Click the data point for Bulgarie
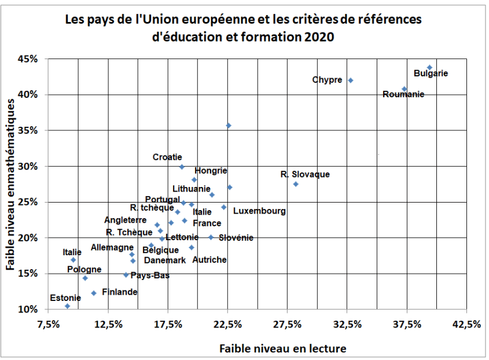(x=429, y=68)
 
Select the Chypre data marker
(x=351, y=80)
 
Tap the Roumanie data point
(x=405, y=89)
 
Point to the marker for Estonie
(x=68, y=306)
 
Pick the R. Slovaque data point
(x=296, y=184)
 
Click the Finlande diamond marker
(x=94, y=293)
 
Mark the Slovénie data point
(x=211, y=237)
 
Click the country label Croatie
(x=167, y=157)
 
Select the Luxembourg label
(x=259, y=211)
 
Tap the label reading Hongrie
(x=211, y=171)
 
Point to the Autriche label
(x=209, y=260)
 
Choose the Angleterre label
(x=124, y=220)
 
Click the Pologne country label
(x=84, y=270)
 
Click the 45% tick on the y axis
(x=28, y=59)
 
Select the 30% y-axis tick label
(x=28, y=167)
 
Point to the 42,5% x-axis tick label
(x=466, y=325)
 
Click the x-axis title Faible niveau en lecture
(x=282, y=348)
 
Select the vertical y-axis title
(x=10, y=184)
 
